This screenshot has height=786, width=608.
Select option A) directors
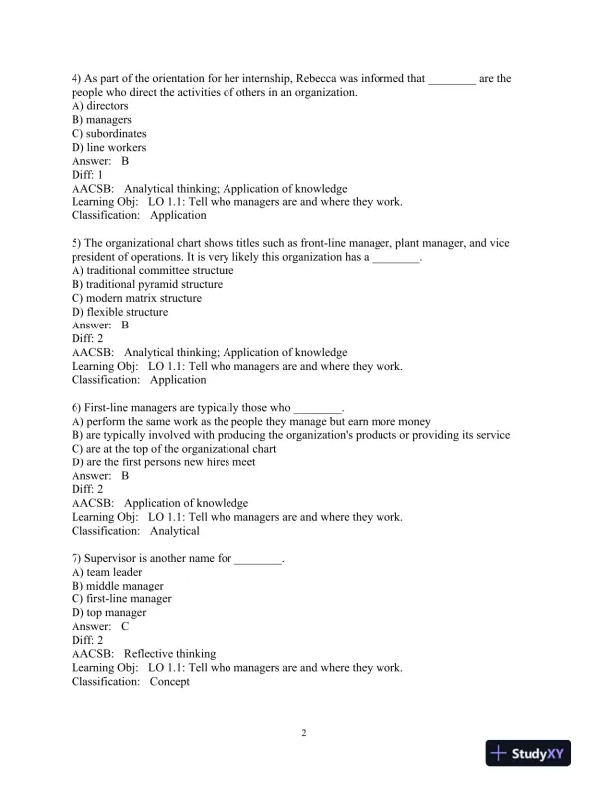click(100, 106)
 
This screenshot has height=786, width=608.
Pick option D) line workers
click(109, 147)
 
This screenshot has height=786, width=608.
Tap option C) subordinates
click(109, 133)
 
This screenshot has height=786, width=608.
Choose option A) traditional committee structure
click(153, 270)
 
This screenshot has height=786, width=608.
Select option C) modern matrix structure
click(137, 298)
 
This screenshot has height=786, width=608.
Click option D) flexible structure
click(120, 312)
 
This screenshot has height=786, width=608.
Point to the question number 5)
click(77, 242)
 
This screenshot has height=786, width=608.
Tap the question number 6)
click(77, 407)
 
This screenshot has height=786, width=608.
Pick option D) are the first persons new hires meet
click(164, 462)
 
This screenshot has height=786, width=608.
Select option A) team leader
click(107, 572)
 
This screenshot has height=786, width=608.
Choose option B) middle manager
click(118, 586)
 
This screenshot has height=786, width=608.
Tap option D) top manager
click(109, 613)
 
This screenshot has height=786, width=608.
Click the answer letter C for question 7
click(125, 627)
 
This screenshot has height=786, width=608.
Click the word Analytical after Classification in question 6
click(174, 531)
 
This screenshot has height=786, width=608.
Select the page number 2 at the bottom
click(304, 733)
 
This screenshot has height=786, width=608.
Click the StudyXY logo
click(533, 754)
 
